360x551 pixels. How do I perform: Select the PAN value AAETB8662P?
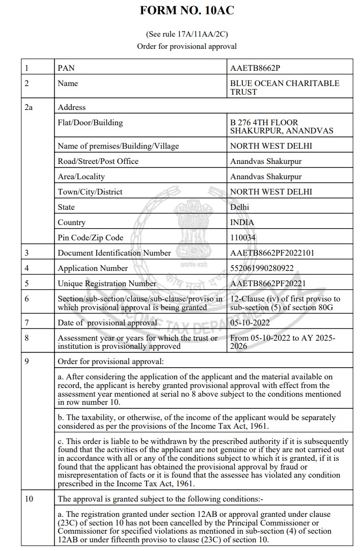(255, 68)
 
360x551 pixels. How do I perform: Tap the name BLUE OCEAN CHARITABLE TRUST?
(284, 87)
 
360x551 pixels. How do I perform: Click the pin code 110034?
(243, 237)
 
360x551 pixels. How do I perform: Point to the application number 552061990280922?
(262, 268)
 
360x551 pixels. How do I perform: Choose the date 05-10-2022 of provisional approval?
(250, 322)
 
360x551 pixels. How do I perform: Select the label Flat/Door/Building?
(90, 123)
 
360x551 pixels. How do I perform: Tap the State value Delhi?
(240, 207)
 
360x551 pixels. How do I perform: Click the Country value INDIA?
(242, 222)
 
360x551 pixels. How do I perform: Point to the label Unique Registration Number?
(107, 283)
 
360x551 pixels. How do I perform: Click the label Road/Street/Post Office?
(98, 161)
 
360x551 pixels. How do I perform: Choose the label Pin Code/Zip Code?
(91, 237)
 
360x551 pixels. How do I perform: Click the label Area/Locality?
(81, 176)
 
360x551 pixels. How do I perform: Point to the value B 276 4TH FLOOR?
(264, 123)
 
